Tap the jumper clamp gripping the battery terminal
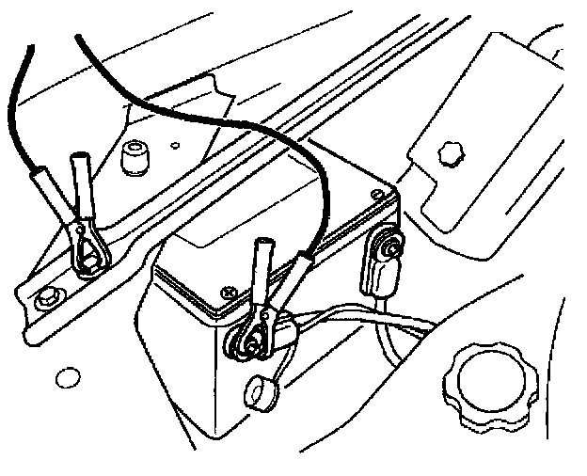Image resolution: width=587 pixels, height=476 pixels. click(259, 320)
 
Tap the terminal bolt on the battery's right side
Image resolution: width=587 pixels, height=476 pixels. click(385, 248)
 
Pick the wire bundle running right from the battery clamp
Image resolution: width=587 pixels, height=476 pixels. click(376, 325)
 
